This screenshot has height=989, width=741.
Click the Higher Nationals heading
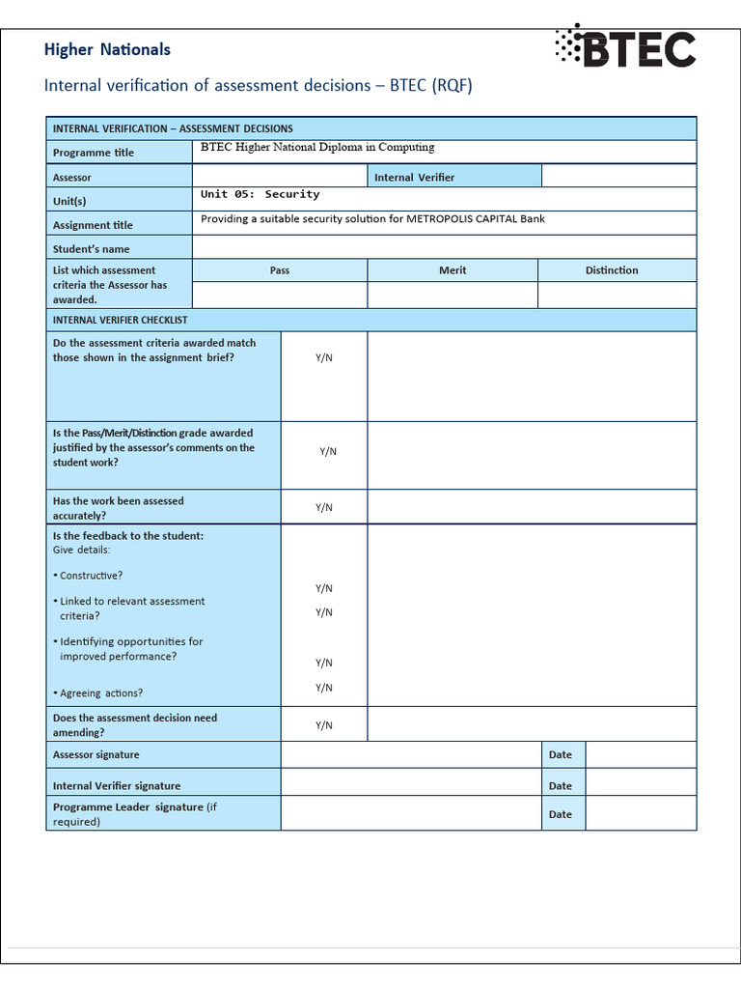click(x=107, y=49)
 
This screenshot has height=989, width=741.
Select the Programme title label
click(x=94, y=153)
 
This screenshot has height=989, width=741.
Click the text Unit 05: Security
click(x=260, y=194)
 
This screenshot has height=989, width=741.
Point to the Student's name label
click(x=91, y=249)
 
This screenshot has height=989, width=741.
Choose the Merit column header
click(x=453, y=270)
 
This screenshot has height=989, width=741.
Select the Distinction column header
click(x=612, y=270)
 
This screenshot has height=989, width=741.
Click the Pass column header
click(x=280, y=270)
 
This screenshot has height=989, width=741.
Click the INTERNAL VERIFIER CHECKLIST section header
click(x=121, y=320)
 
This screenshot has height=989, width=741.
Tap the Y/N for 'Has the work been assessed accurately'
click(x=324, y=507)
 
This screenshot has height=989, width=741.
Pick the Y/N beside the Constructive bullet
click(x=324, y=588)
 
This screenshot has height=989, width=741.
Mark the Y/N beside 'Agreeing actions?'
click(x=324, y=688)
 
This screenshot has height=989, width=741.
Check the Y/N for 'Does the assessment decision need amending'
click(x=324, y=725)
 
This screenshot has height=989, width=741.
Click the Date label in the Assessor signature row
click(x=561, y=755)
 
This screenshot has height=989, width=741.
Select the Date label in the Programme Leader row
click(x=561, y=814)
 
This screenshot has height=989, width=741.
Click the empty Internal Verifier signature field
click(x=410, y=785)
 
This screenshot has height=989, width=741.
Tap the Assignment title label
click(x=93, y=225)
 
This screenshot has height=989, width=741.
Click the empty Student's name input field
click(x=444, y=248)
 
